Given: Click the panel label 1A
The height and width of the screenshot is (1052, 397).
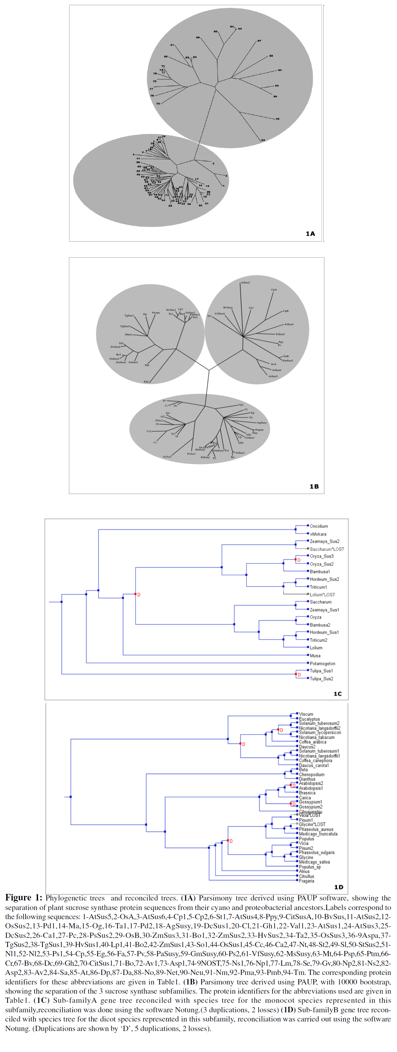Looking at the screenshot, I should pos(310,233).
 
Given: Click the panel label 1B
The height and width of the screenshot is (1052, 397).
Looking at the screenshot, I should pos(314,486).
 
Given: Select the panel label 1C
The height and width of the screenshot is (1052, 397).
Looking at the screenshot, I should pos(337,694).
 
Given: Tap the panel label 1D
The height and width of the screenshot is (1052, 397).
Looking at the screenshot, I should pos(339,887).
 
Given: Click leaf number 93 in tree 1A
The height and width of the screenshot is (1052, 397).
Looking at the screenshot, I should pos(263,140).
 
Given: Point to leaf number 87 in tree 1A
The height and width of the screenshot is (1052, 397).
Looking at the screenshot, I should pos(259,41).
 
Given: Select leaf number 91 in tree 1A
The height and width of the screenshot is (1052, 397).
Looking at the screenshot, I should pos(280,70).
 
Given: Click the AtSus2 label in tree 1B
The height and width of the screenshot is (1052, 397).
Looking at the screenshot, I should pos(245,283).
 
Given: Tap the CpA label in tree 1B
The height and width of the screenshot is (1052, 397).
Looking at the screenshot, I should pos(274,290).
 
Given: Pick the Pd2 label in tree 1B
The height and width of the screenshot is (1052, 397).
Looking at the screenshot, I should pos(146,382).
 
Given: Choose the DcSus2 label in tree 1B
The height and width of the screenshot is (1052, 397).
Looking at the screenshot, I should pos(167,456).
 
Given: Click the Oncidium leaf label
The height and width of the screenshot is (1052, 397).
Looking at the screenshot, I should pos(319,526).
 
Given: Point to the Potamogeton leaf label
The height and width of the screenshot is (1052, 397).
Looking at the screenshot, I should pos(322,664).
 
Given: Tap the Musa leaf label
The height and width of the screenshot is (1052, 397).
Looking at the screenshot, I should pos(315,656).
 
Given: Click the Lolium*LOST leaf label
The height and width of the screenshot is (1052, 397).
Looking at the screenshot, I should pos(322,595).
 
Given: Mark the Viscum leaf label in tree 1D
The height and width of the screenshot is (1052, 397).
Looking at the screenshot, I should pos(306,714).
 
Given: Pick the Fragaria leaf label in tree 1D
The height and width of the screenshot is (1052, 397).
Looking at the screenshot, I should pos(306,881).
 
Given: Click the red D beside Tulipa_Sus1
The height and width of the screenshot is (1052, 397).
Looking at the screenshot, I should pos(299,675).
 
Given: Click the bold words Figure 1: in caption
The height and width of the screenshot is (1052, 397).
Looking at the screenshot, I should pos(23,898).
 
